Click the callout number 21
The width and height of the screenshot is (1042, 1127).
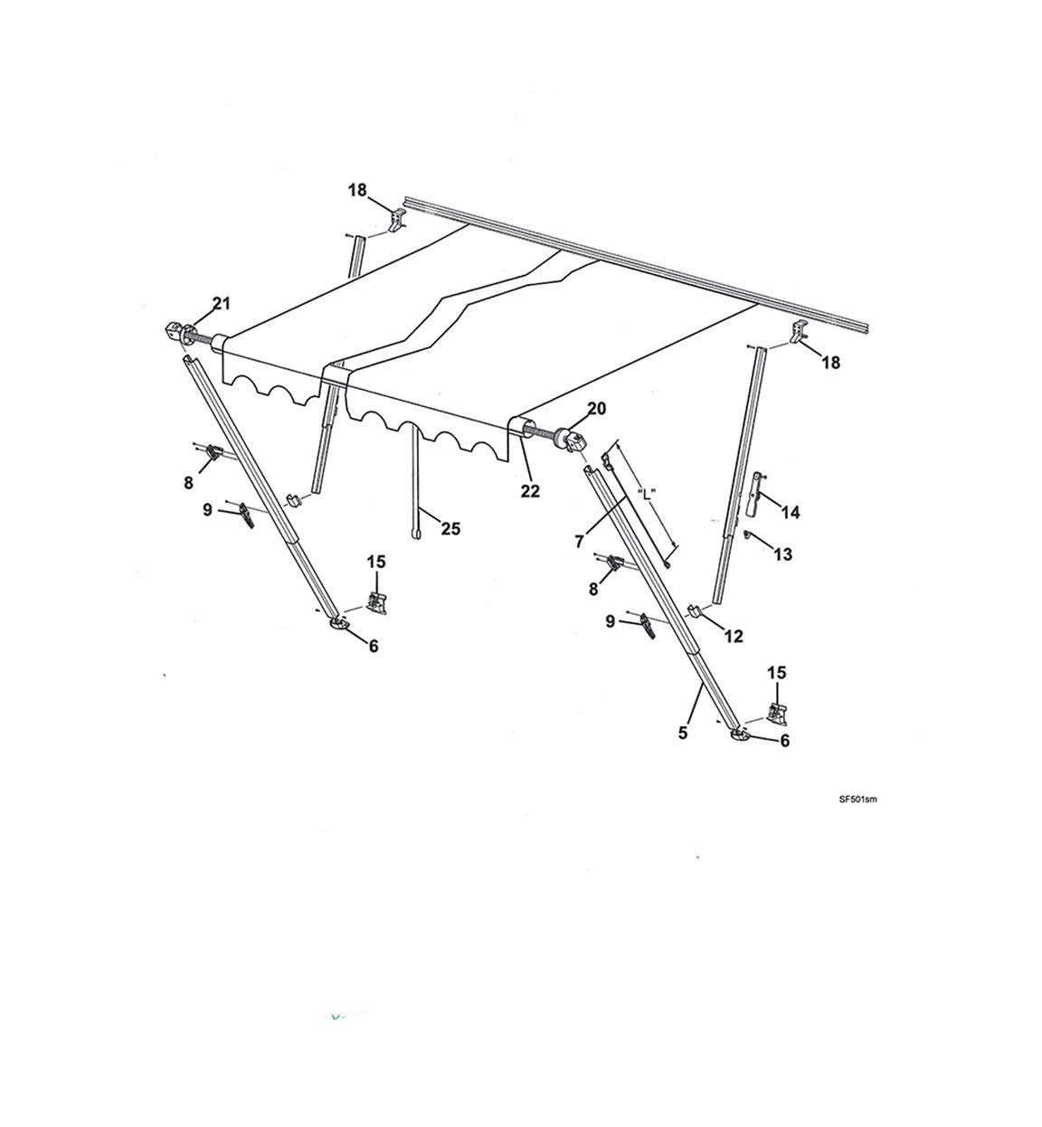pos(221,304)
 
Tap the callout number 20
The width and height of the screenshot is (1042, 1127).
pos(596,409)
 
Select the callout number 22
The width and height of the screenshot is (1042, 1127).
pos(530,491)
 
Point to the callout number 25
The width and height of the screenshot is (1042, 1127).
pos(450,528)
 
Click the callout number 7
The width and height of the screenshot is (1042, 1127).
pos(579,542)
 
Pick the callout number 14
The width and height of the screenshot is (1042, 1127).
pos(791,513)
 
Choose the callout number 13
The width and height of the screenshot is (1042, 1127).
pos(783,554)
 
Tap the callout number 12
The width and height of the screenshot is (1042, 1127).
pos(734,637)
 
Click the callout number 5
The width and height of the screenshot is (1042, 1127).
pos(683,733)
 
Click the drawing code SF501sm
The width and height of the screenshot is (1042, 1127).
pos(857,800)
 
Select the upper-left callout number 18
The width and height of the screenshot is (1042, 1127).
pos(357,190)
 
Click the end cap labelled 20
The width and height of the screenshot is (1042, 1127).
pos(572,440)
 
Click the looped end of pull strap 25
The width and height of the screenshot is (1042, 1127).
pos(416,534)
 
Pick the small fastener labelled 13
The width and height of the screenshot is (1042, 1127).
pos(748,534)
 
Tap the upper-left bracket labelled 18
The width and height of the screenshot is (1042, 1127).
pos(398,220)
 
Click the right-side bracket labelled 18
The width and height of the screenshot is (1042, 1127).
pos(799,331)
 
